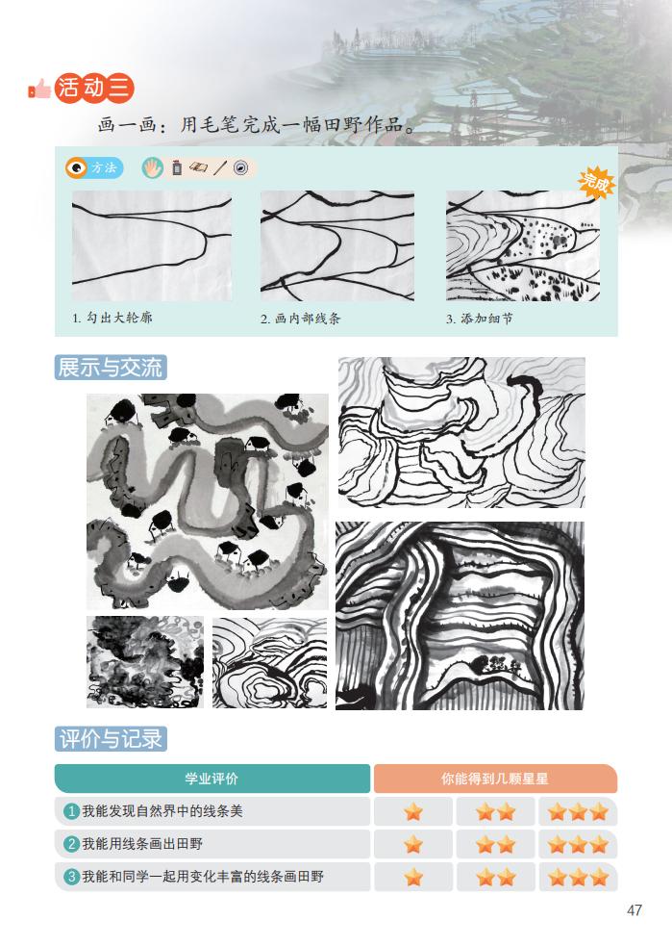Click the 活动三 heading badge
(x=94, y=89)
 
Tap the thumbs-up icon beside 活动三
(x=39, y=89)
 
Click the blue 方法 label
(x=94, y=167)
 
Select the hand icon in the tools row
(x=153, y=167)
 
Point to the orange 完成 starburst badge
(x=596, y=182)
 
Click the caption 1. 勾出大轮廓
(x=112, y=318)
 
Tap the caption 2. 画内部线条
(x=300, y=319)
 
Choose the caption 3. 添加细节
(x=479, y=319)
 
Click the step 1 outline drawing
(x=152, y=245)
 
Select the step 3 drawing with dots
(x=523, y=245)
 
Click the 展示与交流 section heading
(x=111, y=368)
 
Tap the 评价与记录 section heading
(x=111, y=739)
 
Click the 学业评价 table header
(x=212, y=779)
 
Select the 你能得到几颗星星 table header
(x=495, y=779)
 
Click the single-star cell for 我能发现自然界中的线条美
(x=413, y=811)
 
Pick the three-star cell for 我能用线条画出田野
(x=578, y=844)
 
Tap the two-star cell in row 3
(x=495, y=877)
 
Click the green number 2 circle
(x=71, y=844)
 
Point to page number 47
(x=635, y=910)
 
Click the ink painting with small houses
(x=208, y=501)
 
